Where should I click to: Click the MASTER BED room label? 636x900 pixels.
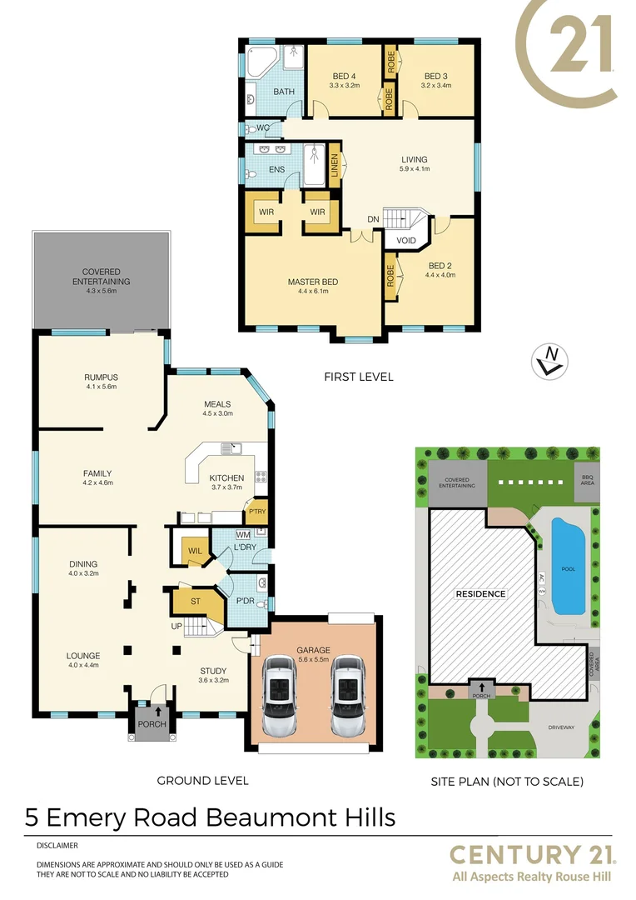point(312,282)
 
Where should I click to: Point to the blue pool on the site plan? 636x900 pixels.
point(568,567)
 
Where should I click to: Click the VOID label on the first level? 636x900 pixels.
point(405,240)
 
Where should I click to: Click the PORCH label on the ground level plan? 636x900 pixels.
point(152,724)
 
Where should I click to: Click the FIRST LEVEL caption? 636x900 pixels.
point(358,377)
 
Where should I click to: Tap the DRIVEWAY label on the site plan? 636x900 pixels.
point(561,727)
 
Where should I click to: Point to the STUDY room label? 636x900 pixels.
point(214,670)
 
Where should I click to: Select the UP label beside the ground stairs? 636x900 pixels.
point(176,625)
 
